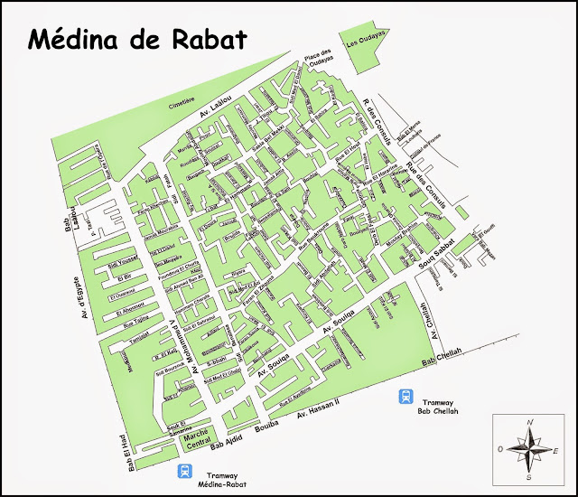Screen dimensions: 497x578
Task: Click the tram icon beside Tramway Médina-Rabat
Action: (x=185, y=471)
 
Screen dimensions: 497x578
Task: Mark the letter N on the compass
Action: (x=531, y=422)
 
